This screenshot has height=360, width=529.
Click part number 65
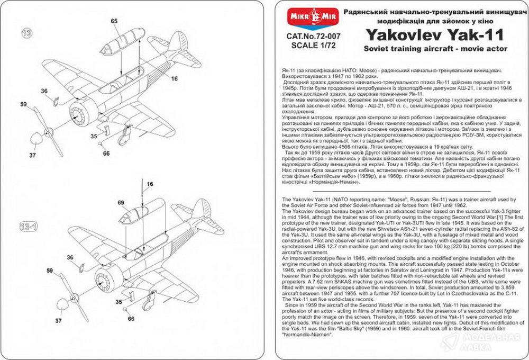click(114, 21)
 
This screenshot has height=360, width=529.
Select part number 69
click(120, 202)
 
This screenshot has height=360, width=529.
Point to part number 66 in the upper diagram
click(106, 153)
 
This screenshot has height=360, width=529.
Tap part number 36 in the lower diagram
click(70, 257)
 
